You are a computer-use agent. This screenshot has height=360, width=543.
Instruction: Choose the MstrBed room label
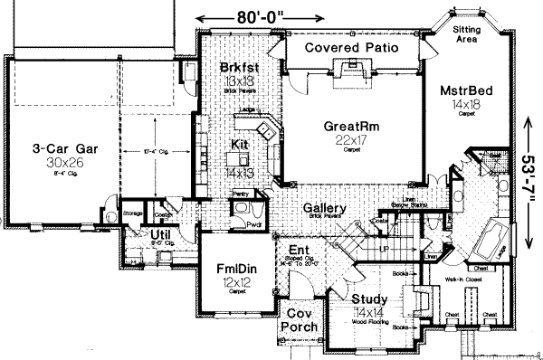coord(465,91)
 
